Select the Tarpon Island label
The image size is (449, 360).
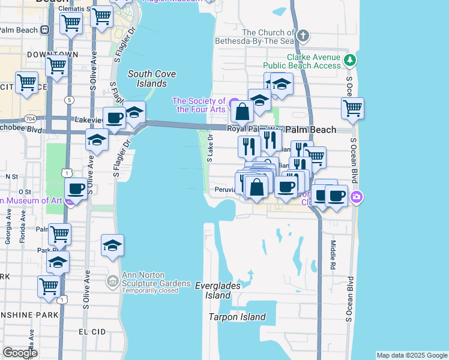coord(237,317)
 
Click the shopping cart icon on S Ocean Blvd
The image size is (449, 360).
coord(352,109)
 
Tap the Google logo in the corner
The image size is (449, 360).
coord(20,353)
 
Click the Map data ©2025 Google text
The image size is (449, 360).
coord(411,355)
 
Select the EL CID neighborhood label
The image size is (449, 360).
coord(92,331)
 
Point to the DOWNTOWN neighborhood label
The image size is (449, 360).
coord(52,55)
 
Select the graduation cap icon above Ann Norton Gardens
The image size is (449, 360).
coord(112,245)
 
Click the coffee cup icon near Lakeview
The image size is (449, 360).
coord(114,118)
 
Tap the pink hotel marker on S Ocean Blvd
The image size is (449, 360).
coord(357,196)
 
